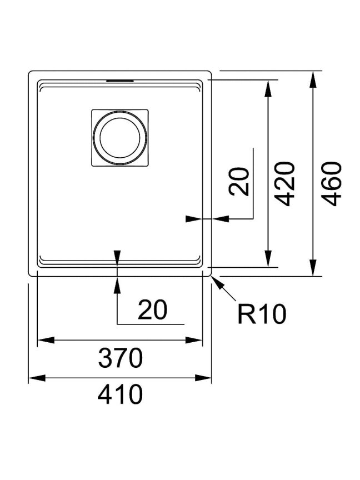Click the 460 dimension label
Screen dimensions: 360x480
(x=332, y=184)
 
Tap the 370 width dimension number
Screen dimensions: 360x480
(x=121, y=358)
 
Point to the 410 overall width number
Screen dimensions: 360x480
(x=121, y=394)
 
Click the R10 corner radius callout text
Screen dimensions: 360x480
(x=262, y=314)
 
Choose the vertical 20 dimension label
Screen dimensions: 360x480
(x=239, y=181)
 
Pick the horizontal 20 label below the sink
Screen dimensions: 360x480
(x=152, y=309)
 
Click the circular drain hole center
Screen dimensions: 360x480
(x=120, y=137)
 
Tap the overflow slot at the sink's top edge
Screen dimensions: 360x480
(x=119, y=81)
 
